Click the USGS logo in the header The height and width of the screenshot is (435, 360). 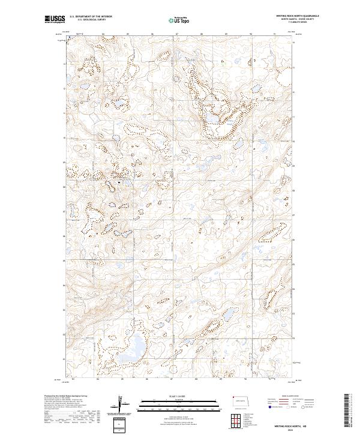pos(55,20)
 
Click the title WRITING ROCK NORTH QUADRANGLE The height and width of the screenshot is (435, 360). pos(298,16)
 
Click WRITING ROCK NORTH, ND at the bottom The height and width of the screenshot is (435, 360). pos(298,425)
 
